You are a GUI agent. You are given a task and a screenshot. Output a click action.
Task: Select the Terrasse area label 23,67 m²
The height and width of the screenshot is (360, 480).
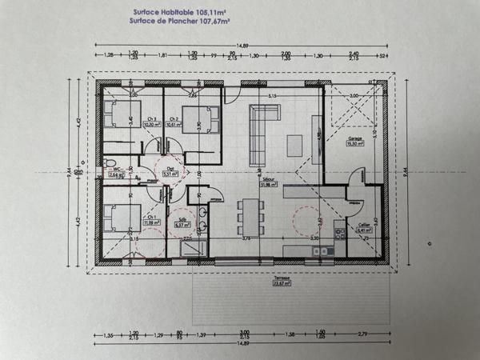(x=281, y=281)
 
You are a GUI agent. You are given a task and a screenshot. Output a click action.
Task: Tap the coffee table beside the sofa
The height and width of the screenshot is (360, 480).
(x=295, y=145)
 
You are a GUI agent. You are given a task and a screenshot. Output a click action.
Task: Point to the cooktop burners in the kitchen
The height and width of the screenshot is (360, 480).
(x=339, y=235)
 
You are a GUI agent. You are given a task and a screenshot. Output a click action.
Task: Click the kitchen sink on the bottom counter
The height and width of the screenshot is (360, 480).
(x=322, y=251)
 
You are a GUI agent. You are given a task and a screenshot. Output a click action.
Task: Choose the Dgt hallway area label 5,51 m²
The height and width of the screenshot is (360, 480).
(x=170, y=170)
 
